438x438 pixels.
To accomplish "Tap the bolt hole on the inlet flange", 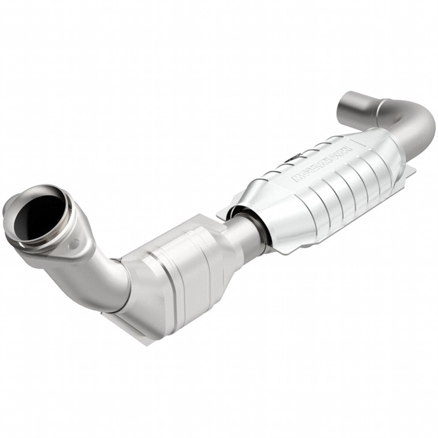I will tap(75, 244).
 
